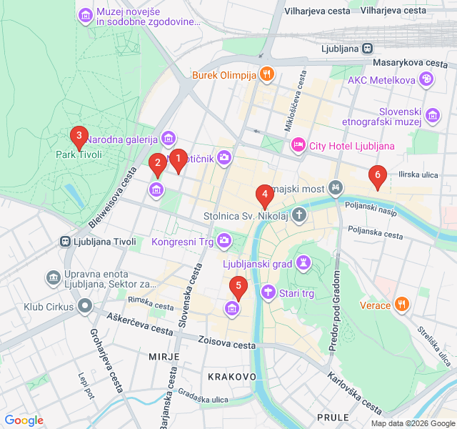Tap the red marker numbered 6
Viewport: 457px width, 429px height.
(377, 175)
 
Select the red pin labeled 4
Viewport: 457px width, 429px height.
(264, 194)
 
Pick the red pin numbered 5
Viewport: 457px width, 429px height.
(238, 287)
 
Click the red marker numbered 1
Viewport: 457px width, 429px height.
(178, 159)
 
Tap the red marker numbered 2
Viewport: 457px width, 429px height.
(157, 164)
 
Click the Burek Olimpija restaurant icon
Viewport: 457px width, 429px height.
(266, 74)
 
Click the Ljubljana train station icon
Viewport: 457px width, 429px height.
(366, 49)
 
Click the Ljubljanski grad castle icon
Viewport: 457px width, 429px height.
(304, 262)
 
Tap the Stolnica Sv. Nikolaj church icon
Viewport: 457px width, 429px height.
(298, 214)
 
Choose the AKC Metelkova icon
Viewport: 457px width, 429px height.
(426, 79)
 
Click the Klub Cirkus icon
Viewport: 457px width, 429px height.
(86, 307)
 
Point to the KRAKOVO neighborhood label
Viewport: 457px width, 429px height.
(232, 376)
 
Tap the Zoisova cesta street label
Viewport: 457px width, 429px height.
(227, 345)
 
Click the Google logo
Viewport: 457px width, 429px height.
(24, 420)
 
